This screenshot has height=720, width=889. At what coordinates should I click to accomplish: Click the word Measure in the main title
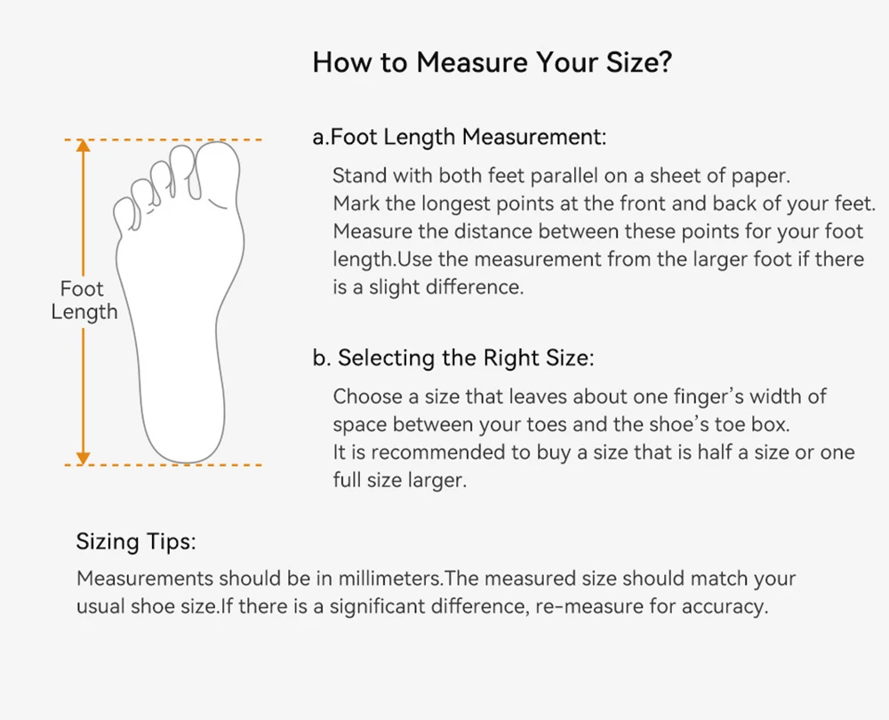[472, 62]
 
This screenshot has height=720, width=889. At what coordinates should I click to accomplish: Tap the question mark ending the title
[665, 61]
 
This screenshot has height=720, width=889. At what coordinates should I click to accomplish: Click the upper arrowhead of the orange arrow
[84, 147]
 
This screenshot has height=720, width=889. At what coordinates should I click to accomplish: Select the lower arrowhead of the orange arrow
[84, 458]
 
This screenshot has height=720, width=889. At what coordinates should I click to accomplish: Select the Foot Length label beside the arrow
[84, 300]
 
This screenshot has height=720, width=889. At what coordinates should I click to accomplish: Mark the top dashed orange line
[164, 140]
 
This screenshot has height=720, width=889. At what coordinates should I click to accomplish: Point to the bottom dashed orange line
[164, 465]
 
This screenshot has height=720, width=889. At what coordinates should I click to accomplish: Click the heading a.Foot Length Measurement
[460, 138]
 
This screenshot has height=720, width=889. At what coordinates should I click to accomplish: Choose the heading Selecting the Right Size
[466, 357]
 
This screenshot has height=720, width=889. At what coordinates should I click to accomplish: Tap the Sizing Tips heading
[136, 541]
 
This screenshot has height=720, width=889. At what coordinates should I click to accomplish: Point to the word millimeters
[390, 579]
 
